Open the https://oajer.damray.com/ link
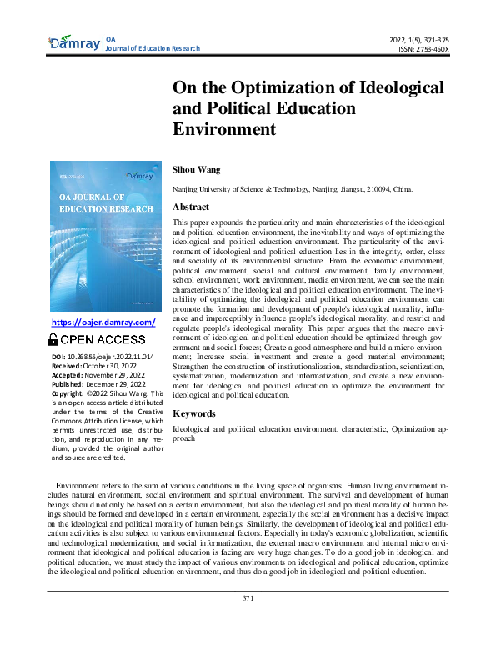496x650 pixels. click(103, 322)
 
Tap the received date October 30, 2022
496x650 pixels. click(108, 366)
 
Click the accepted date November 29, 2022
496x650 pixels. click(113, 375)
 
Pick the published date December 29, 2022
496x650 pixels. click(113, 384)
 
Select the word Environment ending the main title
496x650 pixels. click(223, 128)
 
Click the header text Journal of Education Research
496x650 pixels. click(153, 48)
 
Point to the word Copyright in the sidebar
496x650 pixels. click(68, 393)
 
